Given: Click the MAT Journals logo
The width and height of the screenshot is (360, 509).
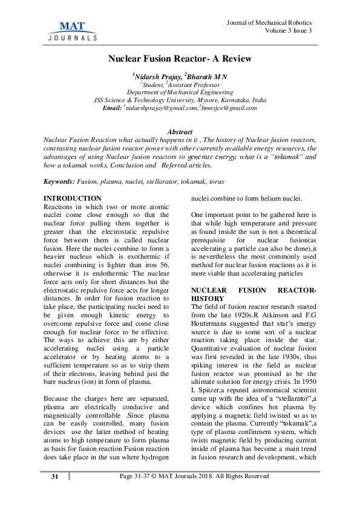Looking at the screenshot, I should (x=72, y=30).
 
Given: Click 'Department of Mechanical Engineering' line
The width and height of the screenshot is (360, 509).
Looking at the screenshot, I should (x=180, y=92).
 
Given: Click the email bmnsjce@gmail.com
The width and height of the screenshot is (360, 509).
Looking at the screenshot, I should (x=230, y=108).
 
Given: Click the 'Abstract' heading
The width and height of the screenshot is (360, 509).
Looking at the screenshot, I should (x=180, y=132).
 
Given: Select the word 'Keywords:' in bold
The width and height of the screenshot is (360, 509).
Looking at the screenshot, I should (x=59, y=181).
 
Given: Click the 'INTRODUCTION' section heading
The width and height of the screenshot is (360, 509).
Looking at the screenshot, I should (x=73, y=198).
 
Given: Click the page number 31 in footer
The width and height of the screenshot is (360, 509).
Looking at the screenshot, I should (x=54, y=493).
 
